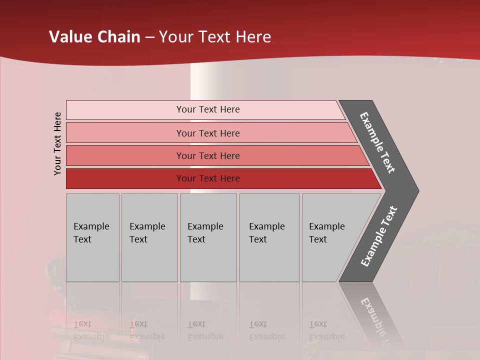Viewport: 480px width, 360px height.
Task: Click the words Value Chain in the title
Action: (x=94, y=37)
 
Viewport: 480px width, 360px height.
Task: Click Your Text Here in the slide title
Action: (x=215, y=37)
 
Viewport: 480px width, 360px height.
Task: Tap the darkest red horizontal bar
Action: (x=125, y=178)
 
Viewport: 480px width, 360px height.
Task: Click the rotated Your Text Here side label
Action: (x=57, y=144)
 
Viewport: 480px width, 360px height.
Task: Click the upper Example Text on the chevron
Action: (x=377, y=142)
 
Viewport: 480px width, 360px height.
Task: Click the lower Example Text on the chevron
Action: (x=378, y=236)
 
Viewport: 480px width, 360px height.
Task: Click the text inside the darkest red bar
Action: (x=208, y=178)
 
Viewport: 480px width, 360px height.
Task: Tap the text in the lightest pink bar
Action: (x=208, y=109)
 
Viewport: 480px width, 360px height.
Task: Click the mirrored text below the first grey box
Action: (x=91, y=330)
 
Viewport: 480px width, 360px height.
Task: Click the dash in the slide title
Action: (x=149, y=37)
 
